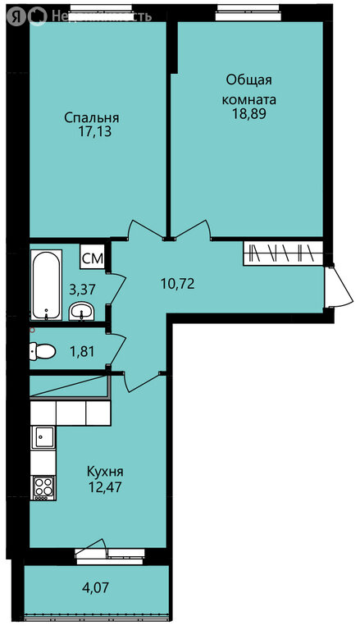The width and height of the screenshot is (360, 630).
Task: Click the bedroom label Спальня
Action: tap(92, 118)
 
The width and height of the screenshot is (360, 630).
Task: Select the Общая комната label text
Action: tap(249, 89)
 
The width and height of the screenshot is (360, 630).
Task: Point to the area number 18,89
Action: tap(249, 114)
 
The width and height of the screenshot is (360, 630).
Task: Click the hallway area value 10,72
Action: tap(178, 285)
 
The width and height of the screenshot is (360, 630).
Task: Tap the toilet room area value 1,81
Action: tap(82, 352)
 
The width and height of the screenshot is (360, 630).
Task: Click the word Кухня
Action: tap(105, 471)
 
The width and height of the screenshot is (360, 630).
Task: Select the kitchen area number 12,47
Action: tap(105, 487)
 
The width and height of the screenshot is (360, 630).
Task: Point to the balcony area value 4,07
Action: tap(95, 588)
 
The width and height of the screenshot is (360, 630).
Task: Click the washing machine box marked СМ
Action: tap(93, 256)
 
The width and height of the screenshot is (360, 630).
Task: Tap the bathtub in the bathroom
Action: tap(46, 285)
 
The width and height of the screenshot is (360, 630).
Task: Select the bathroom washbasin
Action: tap(81, 312)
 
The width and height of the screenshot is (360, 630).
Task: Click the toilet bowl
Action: tap(42, 352)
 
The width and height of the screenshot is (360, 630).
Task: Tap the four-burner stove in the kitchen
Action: tap(43, 488)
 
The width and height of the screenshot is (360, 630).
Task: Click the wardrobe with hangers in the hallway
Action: tap(283, 253)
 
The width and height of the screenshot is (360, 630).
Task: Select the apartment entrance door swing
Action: tap(339, 285)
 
